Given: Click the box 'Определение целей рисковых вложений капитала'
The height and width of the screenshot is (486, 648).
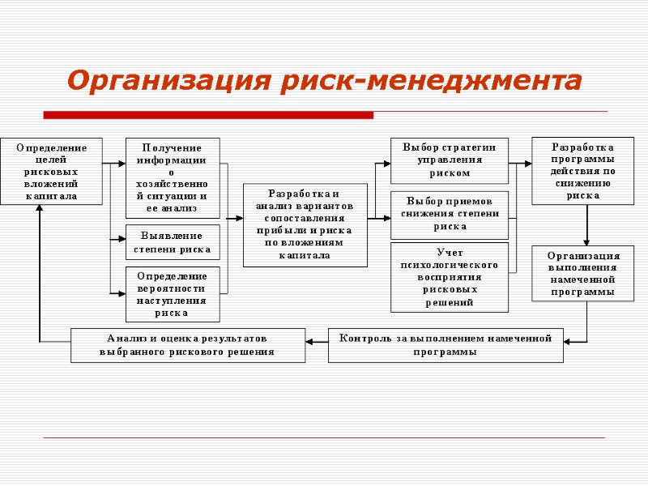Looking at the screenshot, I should pos(52,170).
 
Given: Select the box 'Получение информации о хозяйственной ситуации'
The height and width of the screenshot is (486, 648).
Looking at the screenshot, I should pos(172,177).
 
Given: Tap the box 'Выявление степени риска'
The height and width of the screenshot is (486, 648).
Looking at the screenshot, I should pos(172,243).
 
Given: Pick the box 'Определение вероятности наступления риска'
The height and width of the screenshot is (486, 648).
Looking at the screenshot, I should pos(172,294).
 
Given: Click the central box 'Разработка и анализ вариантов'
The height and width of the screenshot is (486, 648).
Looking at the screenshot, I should pos(305,225).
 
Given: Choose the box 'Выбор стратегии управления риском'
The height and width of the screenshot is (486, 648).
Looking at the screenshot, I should pos(449,159).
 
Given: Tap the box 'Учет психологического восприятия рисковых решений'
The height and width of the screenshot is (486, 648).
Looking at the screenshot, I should pos(449,277).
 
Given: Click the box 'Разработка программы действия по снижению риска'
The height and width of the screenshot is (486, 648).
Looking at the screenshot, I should pos(583,171).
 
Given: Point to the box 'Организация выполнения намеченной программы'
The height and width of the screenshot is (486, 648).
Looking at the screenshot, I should pos(583,273).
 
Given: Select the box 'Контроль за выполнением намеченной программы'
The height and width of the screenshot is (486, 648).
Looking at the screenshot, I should pos(446,345).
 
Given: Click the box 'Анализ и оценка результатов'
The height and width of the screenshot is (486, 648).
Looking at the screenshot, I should pos(188,345).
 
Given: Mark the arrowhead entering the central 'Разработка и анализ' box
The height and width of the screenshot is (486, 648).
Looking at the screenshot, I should pos(239,218).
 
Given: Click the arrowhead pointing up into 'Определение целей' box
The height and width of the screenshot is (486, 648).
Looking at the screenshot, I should pos(39,210).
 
